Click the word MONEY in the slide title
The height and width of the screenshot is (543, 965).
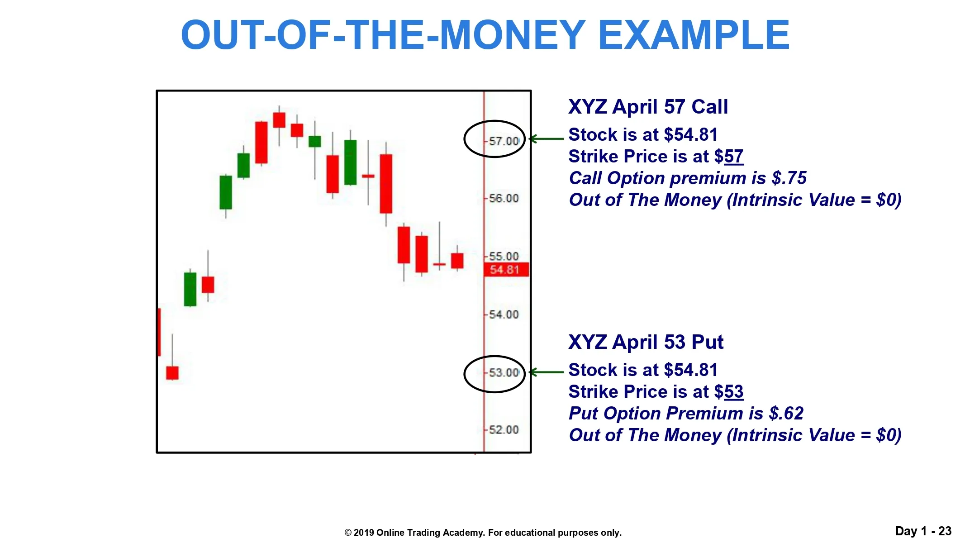[513, 35]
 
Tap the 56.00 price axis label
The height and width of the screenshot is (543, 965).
[504, 198]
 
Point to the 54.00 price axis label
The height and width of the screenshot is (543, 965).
[504, 314]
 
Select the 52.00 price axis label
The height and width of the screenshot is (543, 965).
[504, 429]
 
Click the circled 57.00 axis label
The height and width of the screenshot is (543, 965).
[504, 141]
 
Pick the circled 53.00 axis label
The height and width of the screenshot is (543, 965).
[504, 372]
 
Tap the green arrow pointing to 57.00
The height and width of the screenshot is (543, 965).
[547, 138]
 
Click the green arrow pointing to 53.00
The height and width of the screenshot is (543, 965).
[547, 372]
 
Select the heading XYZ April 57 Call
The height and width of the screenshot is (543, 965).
[648, 107]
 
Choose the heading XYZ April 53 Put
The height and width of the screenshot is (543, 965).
[646, 342]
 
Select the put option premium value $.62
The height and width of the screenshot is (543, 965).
[786, 414]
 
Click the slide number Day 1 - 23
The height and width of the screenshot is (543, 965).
[923, 531]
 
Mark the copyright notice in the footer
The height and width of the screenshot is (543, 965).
[483, 533]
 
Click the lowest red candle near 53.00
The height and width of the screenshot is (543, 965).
[172, 372]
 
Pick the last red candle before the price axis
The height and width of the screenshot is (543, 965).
[457, 261]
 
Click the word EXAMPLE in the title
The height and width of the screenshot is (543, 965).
[694, 35]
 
